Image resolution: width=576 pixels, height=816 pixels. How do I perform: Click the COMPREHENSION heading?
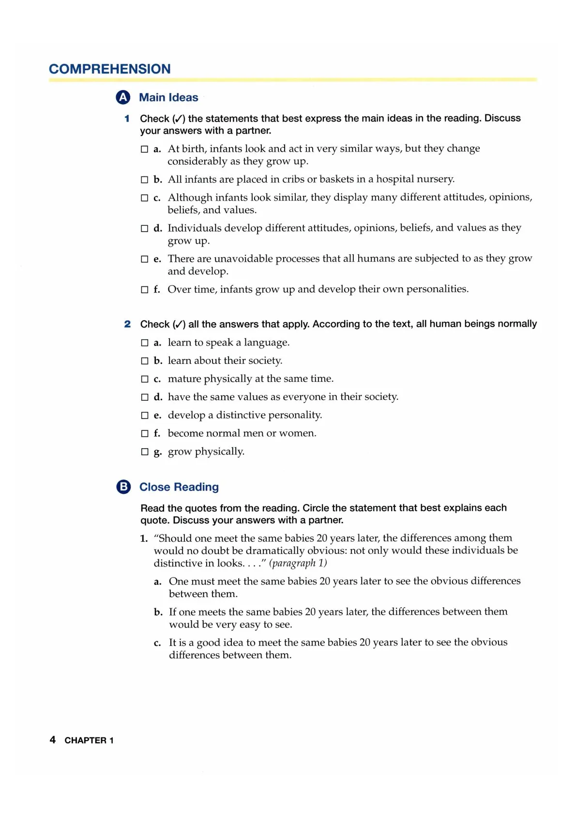click(x=109, y=69)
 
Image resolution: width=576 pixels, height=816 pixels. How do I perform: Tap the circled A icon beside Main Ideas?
click(x=123, y=97)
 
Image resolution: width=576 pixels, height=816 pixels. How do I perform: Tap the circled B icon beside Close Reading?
click(x=124, y=486)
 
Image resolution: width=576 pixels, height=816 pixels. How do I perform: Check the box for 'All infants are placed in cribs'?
click(x=144, y=180)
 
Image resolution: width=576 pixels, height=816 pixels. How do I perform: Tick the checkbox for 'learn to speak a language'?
click(x=144, y=343)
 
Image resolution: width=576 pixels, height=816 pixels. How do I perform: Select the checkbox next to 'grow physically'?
click(x=144, y=452)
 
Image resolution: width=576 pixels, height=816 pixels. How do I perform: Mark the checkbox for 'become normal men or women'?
click(x=144, y=434)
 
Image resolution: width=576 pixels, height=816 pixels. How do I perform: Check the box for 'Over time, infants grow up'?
click(x=144, y=290)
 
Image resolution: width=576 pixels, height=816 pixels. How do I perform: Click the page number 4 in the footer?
click(x=53, y=739)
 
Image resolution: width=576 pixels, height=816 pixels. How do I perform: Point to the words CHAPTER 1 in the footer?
click(x=89, y=740)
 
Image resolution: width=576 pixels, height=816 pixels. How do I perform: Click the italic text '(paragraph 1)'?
click(x=298, y=563)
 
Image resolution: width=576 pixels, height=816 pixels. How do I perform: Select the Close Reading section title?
click(x=179, y=487)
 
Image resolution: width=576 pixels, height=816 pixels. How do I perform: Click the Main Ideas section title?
click(x=168, y=97)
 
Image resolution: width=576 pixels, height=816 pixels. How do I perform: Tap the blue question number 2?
click(x=127, y=324)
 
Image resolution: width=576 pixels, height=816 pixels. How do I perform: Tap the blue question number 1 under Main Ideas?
click(x=127, y=118)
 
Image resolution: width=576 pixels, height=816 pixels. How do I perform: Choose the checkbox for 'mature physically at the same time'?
click(x=144, y=379)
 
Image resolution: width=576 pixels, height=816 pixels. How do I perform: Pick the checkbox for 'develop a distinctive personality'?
click(x=144, y=416)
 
